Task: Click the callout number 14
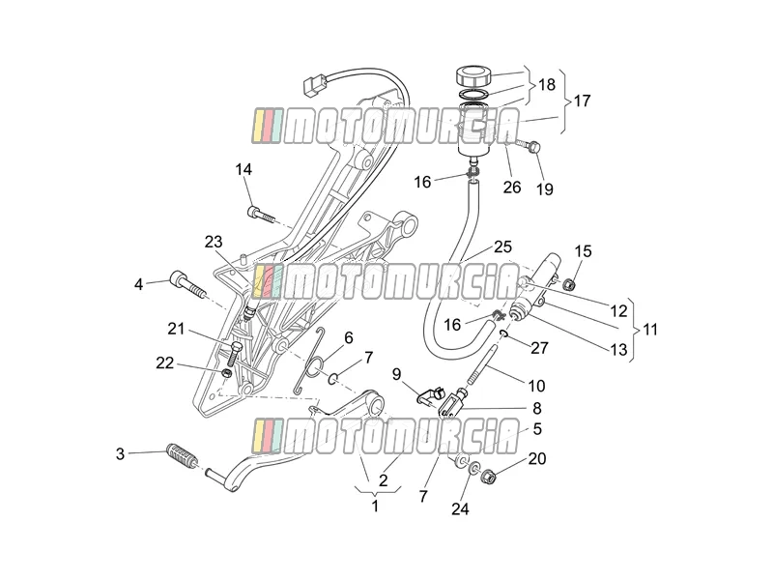(x=243, y=170)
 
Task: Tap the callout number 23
(x=214, y=243)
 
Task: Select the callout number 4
(x=138, y=284)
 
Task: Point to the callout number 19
(x=545, y=188)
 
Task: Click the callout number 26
(x=512, y=188)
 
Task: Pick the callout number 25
(x=502, y=246)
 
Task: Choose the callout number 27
(x=539, y=348)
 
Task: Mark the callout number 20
(x=537, y=458)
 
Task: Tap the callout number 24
(x=460, y=508)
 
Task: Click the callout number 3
(x=120, y=453)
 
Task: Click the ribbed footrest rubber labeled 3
(x=182, y=456)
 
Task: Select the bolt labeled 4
(x=186, y=285)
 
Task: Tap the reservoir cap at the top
(x=473, y=76)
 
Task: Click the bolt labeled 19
(x=529, y=146)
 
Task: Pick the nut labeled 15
(x=569, y=284)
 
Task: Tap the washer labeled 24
(x=474, y=467)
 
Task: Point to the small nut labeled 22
(x=226, y=373)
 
